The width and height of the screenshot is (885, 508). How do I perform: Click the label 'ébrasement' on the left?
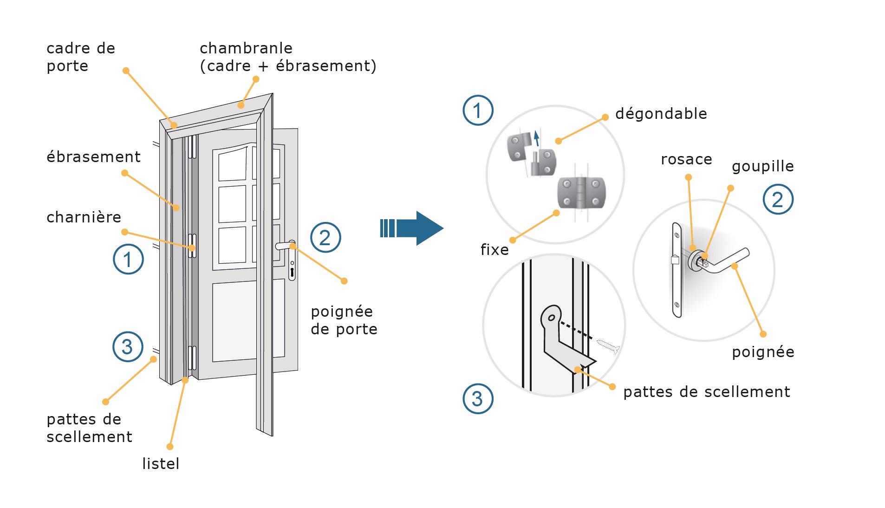[93, 157]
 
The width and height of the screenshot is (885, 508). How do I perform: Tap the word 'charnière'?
[84, 217]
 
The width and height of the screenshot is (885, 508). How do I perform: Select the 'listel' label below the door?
[161, 463]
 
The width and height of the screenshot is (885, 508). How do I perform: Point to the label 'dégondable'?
[661, 114]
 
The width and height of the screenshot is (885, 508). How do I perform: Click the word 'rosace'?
[686, 159]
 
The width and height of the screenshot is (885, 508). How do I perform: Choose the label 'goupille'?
[762, 166]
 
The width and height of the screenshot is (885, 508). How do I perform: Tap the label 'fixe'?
[495, 250]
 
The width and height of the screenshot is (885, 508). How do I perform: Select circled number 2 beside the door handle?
[325, 238]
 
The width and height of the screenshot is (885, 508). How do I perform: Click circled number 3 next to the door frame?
[128, 347]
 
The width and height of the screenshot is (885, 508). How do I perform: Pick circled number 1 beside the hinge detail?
[478, 111]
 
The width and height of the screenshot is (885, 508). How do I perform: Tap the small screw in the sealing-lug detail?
[608, 345]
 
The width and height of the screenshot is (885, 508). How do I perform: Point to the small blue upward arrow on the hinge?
[537, 138]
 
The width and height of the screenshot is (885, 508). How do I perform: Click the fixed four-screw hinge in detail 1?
[581, 193]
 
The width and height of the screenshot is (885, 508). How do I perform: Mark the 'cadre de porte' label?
[80, 57]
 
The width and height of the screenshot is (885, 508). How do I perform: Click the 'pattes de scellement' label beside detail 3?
[706, 392]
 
